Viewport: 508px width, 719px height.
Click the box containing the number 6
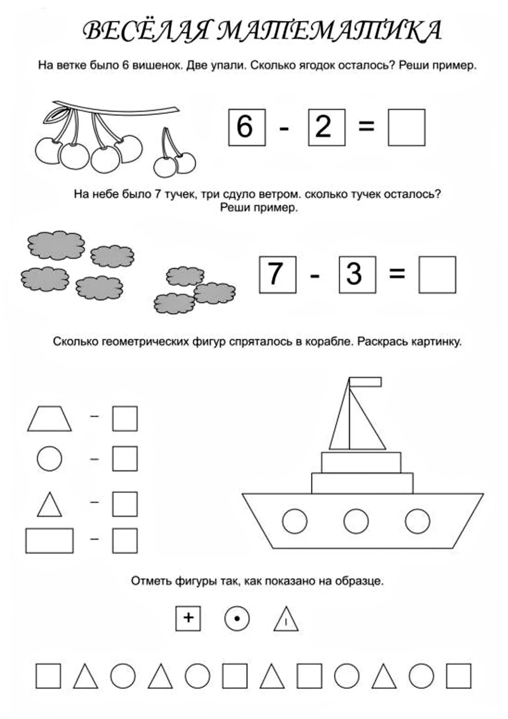click(247, 127)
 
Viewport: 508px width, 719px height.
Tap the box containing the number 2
click(327, 127)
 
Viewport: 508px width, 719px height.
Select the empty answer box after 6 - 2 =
click(406, 127)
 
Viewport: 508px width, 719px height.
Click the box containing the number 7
click(277, 275)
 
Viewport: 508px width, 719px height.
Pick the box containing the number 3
click(357, 275)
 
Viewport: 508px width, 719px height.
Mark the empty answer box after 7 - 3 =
click(437, 275)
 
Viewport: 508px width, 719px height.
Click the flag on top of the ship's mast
click(365, 382)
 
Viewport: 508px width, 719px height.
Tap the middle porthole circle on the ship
click(356, 521)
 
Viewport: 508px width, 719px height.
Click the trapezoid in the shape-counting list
click(50, 419)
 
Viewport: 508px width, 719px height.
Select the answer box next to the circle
click(125, 459)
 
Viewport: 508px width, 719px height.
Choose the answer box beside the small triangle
click(125, 504)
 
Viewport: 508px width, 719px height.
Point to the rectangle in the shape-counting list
click(50, 541)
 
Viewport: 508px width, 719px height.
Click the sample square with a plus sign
click(188, 618)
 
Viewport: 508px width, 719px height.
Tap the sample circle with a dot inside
click(237, 618)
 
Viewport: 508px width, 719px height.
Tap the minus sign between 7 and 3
click(315, 275)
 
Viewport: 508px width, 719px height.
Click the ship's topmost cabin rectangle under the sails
click(361, 462)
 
